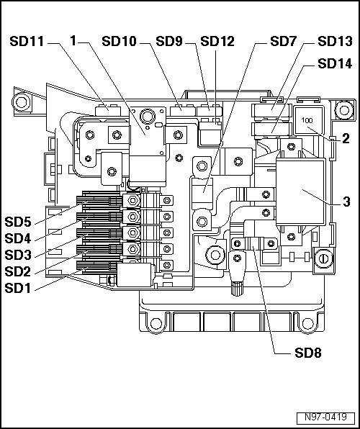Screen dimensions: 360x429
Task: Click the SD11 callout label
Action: click(27, 41)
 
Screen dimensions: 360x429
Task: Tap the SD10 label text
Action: click(119, 41)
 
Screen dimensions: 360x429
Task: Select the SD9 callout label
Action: click(169, 41)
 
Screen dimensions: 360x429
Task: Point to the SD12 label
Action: click(217, 41)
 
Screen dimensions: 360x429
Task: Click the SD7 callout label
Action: click(284, 41)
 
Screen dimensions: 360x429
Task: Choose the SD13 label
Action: click(335, 41)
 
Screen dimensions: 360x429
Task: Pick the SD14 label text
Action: click(335, 63)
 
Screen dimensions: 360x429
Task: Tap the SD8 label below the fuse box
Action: click(308, 353)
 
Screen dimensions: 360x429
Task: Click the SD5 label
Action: click(18, 222)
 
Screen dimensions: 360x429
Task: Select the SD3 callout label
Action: click(18, 255)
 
